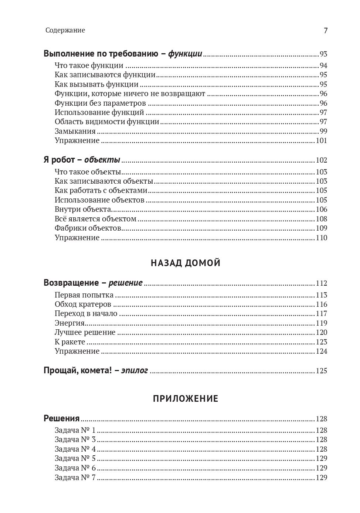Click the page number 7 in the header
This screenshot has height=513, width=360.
point(325,31)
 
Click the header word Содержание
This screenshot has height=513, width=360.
point(65,30)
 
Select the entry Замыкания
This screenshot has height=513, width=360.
point(75,131)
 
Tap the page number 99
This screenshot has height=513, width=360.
point(323,131)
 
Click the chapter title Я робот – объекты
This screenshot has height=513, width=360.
point(82,160)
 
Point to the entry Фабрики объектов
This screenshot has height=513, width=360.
point(88,228)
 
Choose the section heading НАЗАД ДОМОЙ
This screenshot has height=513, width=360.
point(186,263)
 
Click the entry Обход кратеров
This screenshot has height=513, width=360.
point(83,304)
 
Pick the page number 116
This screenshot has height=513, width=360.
point(321,304)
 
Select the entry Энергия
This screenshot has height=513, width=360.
point(69,323)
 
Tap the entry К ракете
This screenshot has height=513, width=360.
point(70,342)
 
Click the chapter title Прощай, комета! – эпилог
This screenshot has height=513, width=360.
point(96,370)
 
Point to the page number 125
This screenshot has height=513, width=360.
point(321,371)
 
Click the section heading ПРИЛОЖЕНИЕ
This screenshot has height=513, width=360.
point(186,399)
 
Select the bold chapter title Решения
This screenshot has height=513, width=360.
point(62,418)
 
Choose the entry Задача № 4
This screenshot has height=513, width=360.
point(75,449)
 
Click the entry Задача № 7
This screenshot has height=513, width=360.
point(75,478)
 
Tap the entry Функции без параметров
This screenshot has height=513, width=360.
point(100,103)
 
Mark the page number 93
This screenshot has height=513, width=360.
point(323,54)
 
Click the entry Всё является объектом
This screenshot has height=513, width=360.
point(95,219)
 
